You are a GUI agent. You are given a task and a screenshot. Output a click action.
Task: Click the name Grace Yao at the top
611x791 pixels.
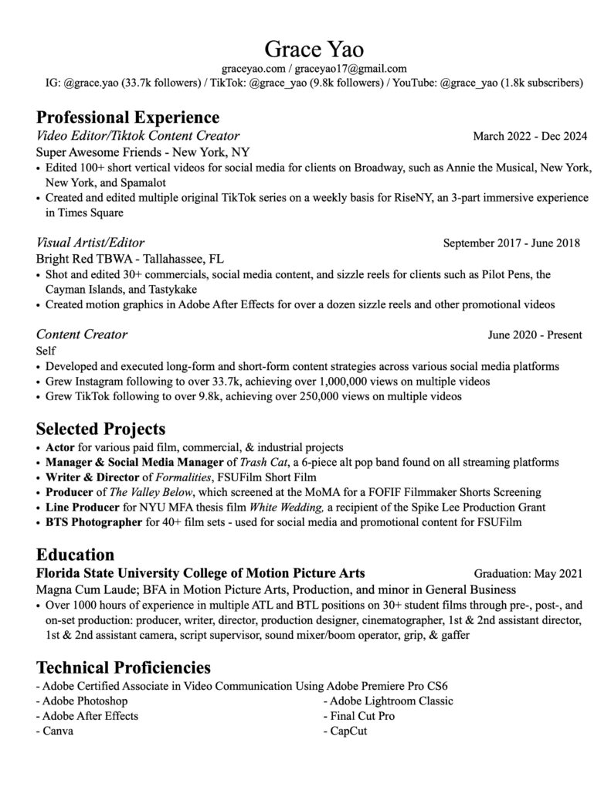click(305, 49)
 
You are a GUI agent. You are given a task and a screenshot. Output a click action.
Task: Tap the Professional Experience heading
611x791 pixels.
click(127, 117)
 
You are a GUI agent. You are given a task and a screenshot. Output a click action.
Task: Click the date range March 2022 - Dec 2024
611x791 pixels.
click(530, 137)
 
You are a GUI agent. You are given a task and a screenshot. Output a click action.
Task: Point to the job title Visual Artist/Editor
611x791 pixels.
click(90, 243)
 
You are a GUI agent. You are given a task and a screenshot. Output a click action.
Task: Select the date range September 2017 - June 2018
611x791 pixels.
click(511, 243)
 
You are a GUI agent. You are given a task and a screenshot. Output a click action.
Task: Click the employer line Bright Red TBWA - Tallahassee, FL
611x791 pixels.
click(130, 259)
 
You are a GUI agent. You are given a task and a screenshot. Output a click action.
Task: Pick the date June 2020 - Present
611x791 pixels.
click(535, 335)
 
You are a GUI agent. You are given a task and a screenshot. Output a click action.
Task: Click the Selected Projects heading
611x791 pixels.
click(101, 428)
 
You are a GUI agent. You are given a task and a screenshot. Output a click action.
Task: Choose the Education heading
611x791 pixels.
click(76, 555)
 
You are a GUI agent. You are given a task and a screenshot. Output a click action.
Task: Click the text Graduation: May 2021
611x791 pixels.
click(528, 574)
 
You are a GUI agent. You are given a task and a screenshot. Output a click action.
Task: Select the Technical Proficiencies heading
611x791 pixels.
click(124, 667)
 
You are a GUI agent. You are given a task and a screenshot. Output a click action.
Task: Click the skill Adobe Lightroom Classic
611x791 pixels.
click(392, 701)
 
